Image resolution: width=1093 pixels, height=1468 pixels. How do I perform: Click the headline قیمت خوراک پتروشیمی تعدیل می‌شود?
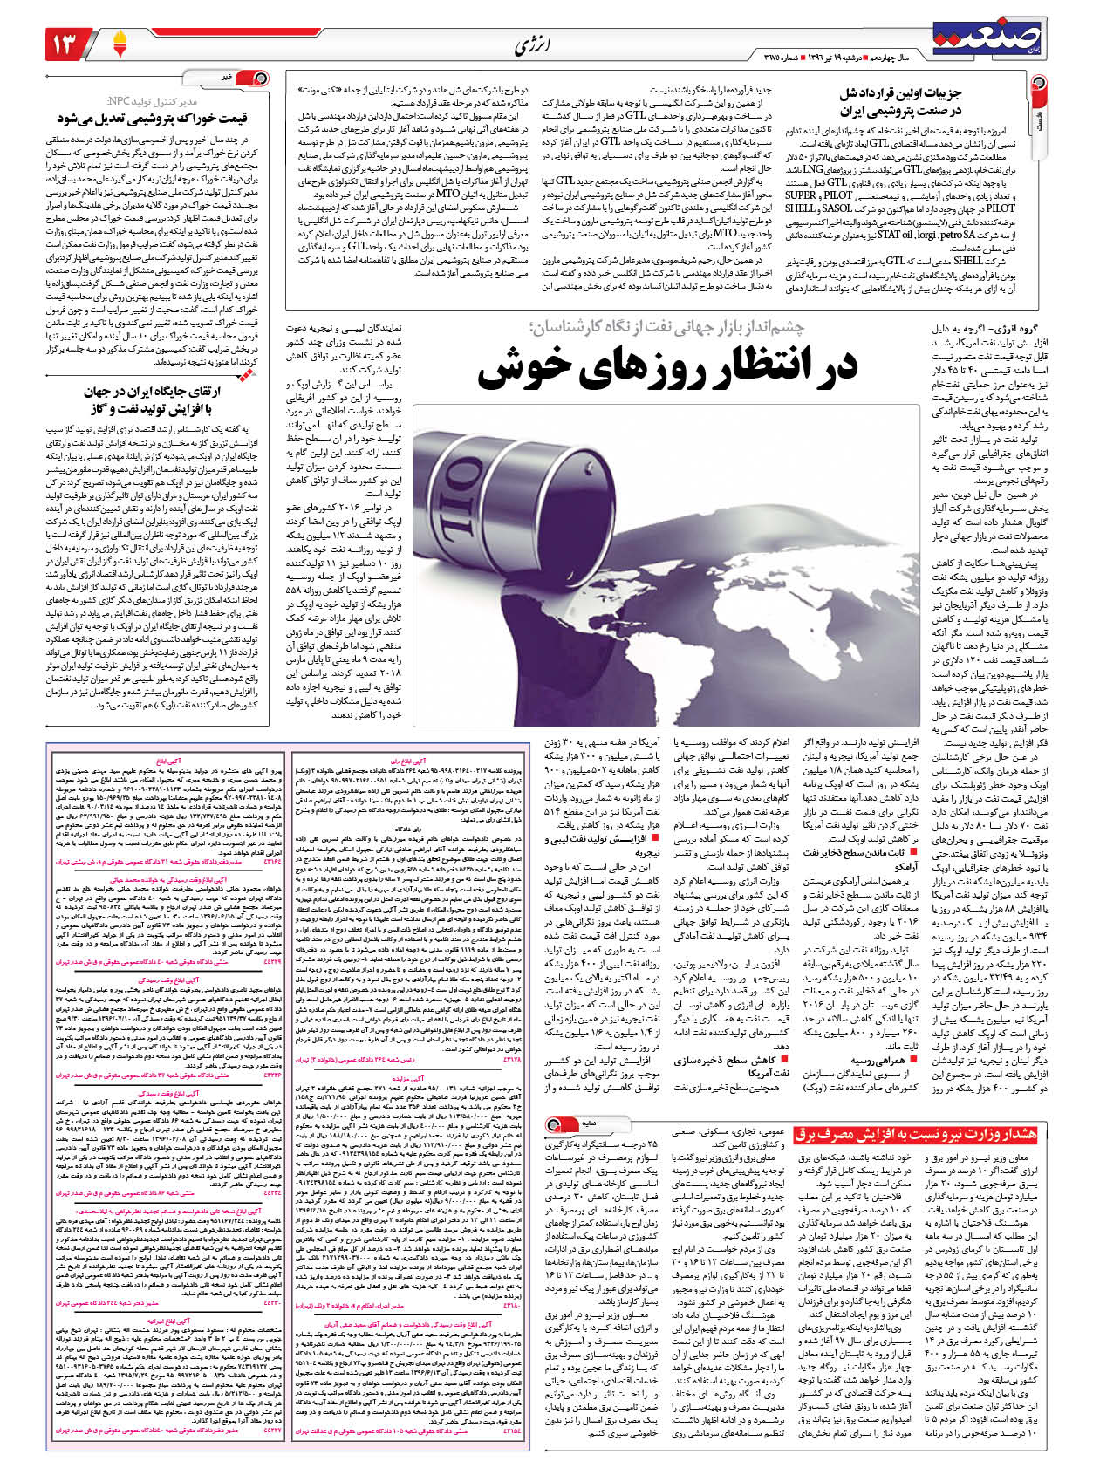[x=153, y=118]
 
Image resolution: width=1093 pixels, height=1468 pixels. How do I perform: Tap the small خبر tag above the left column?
[x=226, y=78]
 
